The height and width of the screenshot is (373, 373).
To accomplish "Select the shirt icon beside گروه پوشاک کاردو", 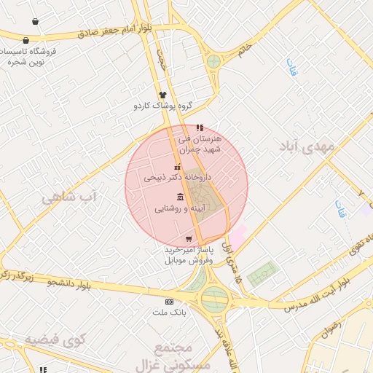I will coord(162,95).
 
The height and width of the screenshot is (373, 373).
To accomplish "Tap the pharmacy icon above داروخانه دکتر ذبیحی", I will coord(176,167).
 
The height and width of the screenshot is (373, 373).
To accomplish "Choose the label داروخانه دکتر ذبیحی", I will coord(177,177).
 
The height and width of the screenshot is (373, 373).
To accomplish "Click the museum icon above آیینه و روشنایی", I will coord(180,197).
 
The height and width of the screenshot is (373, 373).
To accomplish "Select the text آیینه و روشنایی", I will coord(180,208).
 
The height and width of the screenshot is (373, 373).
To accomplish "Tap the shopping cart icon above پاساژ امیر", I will coord(189,239).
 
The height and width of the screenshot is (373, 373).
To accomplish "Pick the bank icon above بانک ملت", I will coord(170,302).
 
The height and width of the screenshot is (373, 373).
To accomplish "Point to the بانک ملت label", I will coord(170,313).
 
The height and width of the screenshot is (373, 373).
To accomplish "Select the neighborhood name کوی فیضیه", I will coord(55,339).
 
